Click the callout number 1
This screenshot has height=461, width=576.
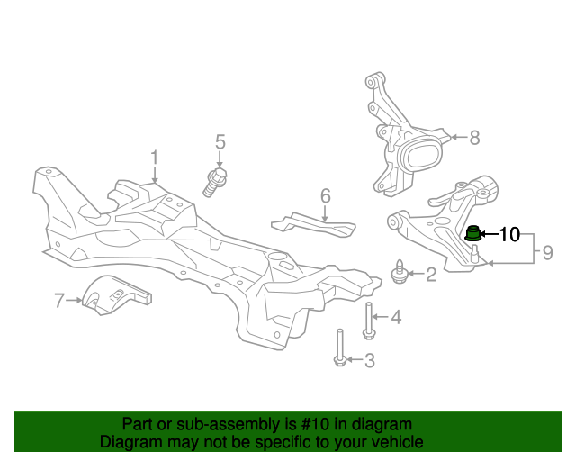[x=154, y=158]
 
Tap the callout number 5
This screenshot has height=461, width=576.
[x=220, y=142]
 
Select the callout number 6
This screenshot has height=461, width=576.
[x=326, y=196]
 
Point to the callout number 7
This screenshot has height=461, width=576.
[x=59, y=301]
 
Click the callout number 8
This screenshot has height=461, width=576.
[x=475, y=138]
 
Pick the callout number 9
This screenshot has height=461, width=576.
[x=548, y=253]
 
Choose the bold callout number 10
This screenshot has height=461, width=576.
[x=510, y=234]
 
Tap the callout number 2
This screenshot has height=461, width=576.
[x=431, y=275]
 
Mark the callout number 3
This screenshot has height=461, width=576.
[x=370, y=361]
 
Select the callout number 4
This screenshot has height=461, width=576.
[x=396, y=317]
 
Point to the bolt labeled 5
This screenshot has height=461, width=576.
[x=215, y=183]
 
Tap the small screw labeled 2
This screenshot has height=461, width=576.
[x=399, y=272]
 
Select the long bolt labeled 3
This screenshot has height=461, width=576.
[x=340, y=348]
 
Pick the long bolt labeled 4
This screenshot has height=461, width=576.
[x=368, y=321]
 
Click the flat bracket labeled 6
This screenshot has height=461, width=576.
[x=313, y=224]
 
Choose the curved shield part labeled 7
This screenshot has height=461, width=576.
[x=116, y=295]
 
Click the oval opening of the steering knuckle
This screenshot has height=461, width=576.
[x=422, y=157]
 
